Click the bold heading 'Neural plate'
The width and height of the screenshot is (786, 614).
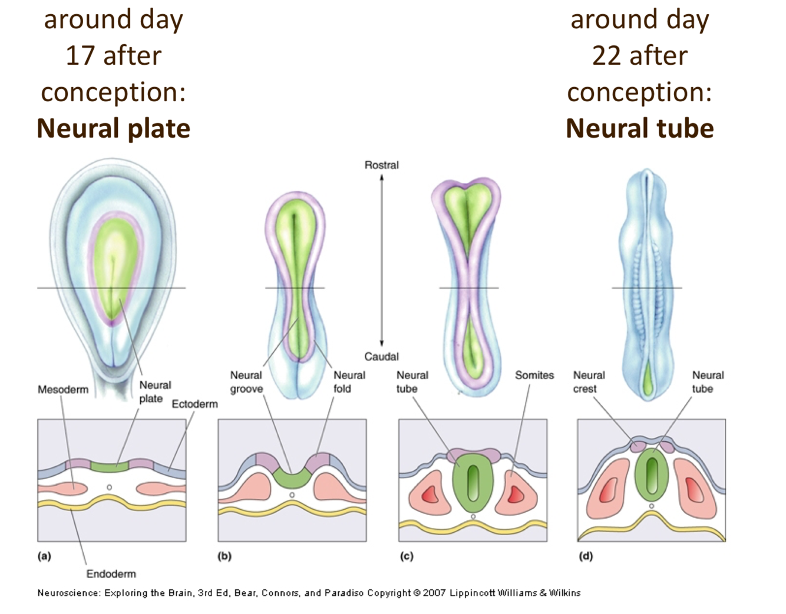click(113, 128)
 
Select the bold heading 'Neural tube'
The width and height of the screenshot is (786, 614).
click(639, 128)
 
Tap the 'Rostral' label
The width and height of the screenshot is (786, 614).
click(381, 165)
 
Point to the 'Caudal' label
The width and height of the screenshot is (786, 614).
click(381, 356)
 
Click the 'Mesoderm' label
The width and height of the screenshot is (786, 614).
click(63, 390)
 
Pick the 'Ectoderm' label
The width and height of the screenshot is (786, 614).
click(194, 404)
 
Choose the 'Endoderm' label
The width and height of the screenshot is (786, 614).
click(111, 574)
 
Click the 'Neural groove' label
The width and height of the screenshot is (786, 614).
click(246, 382)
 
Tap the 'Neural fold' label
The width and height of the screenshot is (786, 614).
click(349, 382)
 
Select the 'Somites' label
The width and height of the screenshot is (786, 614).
click(534, 375)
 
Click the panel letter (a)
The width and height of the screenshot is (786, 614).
click(44, 556)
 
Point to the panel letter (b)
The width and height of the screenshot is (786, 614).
click(224, 556)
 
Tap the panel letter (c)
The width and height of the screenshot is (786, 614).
click(406, 556)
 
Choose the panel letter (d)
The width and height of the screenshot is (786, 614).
click(585, 556)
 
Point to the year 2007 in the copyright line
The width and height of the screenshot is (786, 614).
click(434, 593)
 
